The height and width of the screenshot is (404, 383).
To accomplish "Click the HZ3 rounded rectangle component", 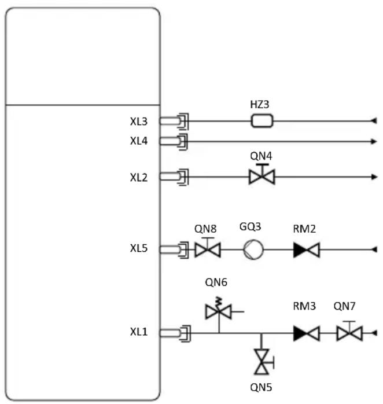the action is [262, 121].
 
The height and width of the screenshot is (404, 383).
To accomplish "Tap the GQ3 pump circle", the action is [253, 249].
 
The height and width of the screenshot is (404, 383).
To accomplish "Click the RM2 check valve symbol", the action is [307, 249].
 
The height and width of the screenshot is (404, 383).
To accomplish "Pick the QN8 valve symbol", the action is [208, 248].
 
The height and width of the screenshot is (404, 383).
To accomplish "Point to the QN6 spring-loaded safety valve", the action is [219, 309].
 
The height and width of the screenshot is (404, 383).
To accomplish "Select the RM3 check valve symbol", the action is [307, 333].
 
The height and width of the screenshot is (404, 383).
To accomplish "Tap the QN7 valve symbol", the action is [349, 331].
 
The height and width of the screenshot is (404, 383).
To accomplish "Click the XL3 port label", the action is [139, 122].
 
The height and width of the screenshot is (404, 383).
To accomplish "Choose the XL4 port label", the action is [139, 141].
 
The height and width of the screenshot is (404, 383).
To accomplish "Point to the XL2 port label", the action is [139, 178].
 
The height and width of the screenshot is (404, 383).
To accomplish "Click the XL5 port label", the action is [139, 248].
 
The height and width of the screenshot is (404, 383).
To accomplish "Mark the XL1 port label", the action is [139, 332].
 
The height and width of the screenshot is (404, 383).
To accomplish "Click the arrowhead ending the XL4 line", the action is [374, 141].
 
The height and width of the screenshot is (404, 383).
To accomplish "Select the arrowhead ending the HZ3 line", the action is [374, 120].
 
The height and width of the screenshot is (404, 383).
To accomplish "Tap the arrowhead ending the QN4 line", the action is [374, 177].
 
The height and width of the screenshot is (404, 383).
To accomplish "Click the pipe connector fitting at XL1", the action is [175, 333].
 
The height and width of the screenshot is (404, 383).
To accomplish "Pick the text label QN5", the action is [261, 387].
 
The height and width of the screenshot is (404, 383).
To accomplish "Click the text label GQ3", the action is [250, 227].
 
